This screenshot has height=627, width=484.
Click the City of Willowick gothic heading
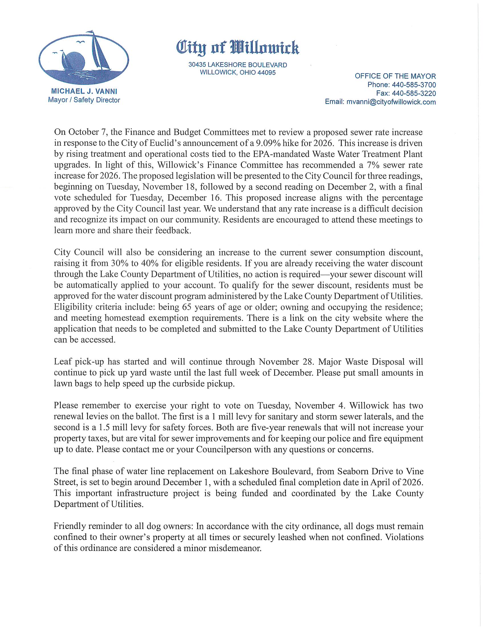237,48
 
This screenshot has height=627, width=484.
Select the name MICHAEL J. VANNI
84,91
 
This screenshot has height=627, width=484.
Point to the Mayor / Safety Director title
84,100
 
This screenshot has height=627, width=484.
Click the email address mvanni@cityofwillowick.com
391,102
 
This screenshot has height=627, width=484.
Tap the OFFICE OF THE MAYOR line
395,76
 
